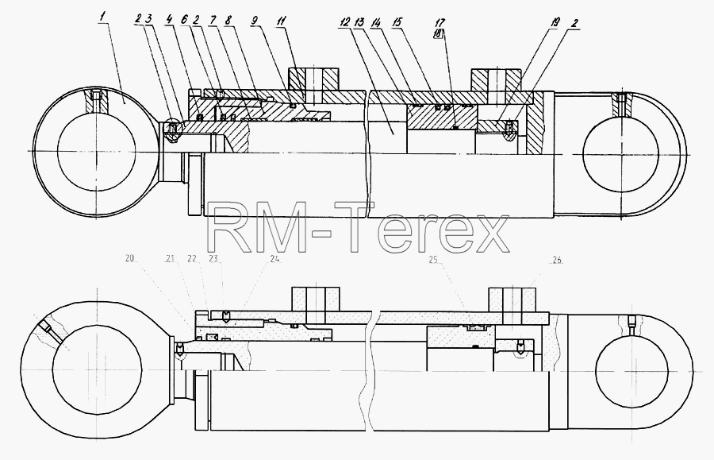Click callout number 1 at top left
[x=103, y=17]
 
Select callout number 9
[x=255, y=21]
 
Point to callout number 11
[x=282, y=21]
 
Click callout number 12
[x=345, y=21]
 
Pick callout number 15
[x=397, y=21]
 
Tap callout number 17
[x=440, y=22]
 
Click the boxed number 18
[x=439, y=33]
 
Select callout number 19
[x=555, y=21]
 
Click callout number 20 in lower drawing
[x=130, y=258]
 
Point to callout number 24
[x=274, y=258]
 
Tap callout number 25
[x=433, y=260]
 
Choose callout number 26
[x=558, y=260]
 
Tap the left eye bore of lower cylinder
[x=97, y=369]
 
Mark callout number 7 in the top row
[x=213, y=20]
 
